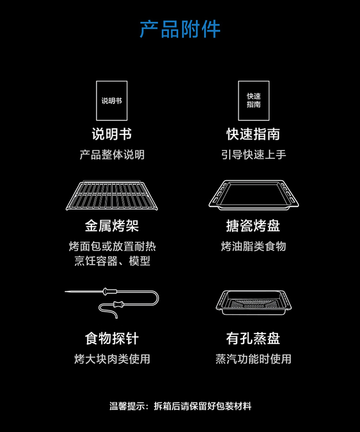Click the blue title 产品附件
[x=180, y=29]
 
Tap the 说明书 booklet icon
[x=112, y=100]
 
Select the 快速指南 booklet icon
[x=254, y=100]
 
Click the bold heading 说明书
[x=112, y=134]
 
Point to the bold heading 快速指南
[x=253, y=134]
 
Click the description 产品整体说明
[x=112, y=155]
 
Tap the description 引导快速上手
[x=253, y=155]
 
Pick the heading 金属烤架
[x=112, y=226]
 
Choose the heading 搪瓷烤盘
[x=253, y=226]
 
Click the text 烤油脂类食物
[x=253, y=247]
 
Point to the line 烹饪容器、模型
[x=112, y=261]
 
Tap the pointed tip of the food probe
[x=67, y=291]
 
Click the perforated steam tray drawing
[x=254, y=302]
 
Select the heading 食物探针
[x=112, y=338]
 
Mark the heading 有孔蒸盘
[x=253, y=338]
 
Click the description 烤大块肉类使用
[x=112, y=359]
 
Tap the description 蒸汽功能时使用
[x=253, y=359]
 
